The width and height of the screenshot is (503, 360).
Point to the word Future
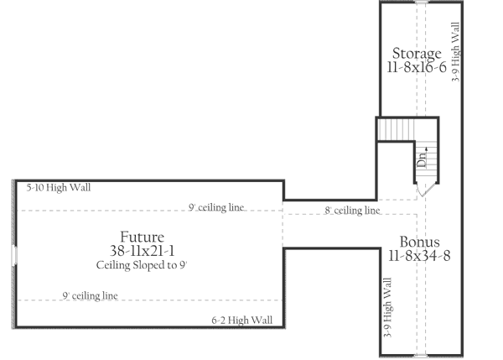[141, 236]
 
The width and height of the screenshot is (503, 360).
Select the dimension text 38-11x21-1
[141, 251]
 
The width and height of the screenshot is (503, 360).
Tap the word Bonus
[419, 242]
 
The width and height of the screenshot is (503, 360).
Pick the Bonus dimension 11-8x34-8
[419, 256]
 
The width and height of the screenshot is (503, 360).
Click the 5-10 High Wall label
[58, 188]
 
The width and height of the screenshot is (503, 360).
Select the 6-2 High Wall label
[241, 320]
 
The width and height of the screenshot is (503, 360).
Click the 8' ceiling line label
[352, 211]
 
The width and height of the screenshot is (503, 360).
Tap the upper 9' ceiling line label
[216, 207]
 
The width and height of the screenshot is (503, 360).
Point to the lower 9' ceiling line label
[90, 295]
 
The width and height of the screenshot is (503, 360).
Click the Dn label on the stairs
[425, 154]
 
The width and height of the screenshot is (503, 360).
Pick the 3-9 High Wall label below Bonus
[387, 309]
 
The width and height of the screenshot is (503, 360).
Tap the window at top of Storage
[423, 3]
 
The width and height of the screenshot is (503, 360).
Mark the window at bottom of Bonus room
[423, 355]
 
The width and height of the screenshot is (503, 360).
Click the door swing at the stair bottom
[426, 190]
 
